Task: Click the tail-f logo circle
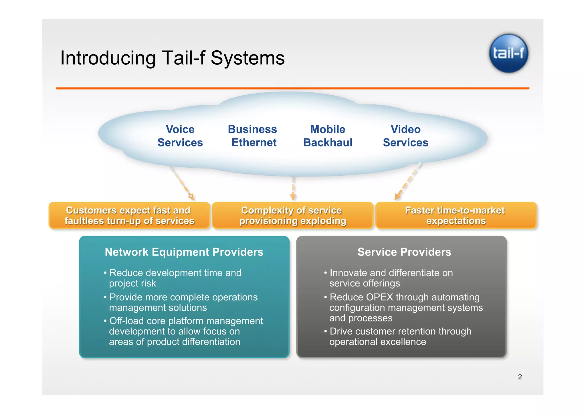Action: pyautogui.click(x=508, y=53)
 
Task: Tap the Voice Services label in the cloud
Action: pyautogui.click(x=180, y=136)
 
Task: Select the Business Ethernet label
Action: pyautogui.click(x=253, y=136)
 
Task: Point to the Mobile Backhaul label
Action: pyautogui.click(x=328, y=136)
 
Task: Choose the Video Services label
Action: pyautogui.click(x=405, y=136)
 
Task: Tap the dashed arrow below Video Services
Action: pyautogui.click(x=408, y=182)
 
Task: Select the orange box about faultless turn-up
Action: pyautogui.click(x=129, y=215)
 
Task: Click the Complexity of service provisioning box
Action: pyautogui.click(x=292, y=215)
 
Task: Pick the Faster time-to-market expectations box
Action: pyautogui.click(x=456, y=215)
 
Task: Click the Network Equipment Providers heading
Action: pyautogui.click(x=184, y=252)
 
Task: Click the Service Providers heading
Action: pyautogui.click(x=404, y=252)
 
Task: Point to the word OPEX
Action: pyautogui.click(x=379, y=297)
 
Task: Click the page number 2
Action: pyautogui.click(x=520, y=377)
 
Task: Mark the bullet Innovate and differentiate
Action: pyautogui.click(x=391, y=278)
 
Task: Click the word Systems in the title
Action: pyautogui.click(x=248, y=58)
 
